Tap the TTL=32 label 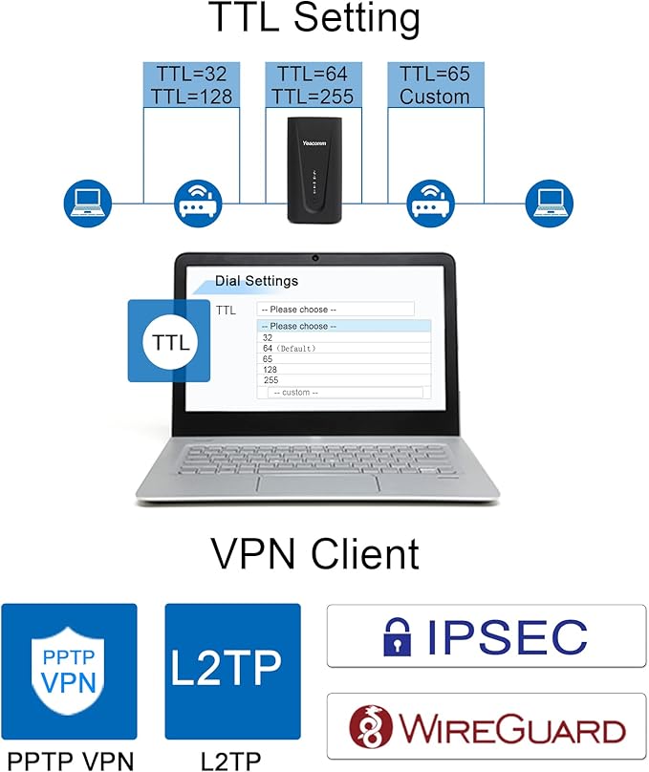[x=178, y=74]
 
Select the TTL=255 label [x=312, y=96]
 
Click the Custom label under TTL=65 [x=434, y=96]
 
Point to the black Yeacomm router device [x=312, y=168]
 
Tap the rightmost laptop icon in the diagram [x=550, y=201]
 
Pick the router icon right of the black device [x=431, y=201]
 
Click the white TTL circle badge [x=170, y=342]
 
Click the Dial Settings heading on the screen [x=256, y=281]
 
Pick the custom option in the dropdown [x=295, y=392]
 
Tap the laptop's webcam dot [x=314, y=258]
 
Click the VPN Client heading [x=314, y=554]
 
